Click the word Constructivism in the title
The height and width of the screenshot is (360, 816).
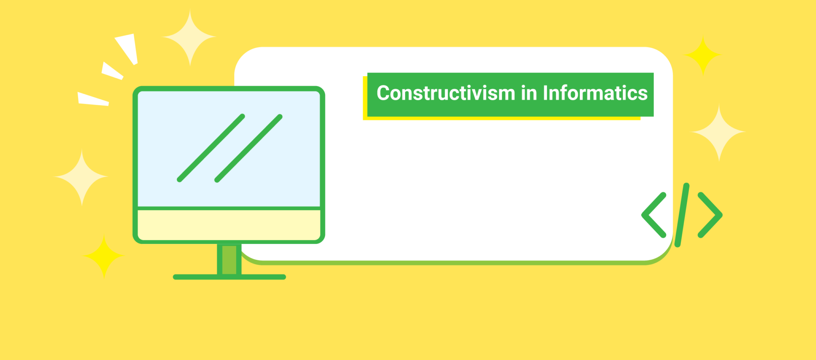446,93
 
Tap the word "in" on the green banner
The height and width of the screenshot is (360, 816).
529,93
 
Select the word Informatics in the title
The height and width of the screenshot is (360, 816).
595,93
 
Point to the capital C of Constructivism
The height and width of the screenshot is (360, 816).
383,93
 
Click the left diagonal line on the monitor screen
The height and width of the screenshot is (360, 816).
211,148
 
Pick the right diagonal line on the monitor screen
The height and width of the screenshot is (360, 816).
249,148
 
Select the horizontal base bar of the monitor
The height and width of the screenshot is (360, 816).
229,277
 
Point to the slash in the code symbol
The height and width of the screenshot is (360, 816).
682,215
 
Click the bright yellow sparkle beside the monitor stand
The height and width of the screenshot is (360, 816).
104,256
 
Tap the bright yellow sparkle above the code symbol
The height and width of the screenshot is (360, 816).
703,55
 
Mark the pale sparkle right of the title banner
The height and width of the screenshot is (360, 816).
719,132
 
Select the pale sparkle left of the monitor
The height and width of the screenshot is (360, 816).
82,177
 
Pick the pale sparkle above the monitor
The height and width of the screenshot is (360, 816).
190,37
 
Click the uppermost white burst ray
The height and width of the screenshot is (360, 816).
127,49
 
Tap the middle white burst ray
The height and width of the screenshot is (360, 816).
112,71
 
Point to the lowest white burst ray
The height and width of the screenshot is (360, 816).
93,99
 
